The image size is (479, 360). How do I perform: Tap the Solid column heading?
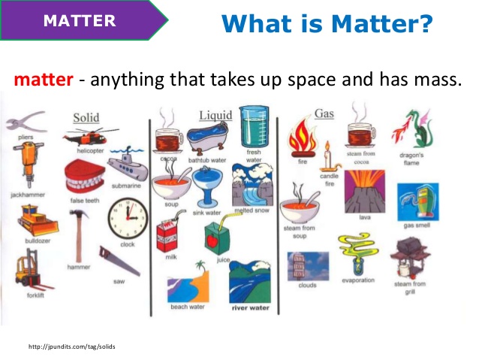86,118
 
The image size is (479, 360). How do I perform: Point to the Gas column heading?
324,113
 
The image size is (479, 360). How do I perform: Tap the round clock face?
127,219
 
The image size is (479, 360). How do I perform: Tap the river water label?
250,307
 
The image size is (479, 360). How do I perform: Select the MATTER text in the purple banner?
80,20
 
